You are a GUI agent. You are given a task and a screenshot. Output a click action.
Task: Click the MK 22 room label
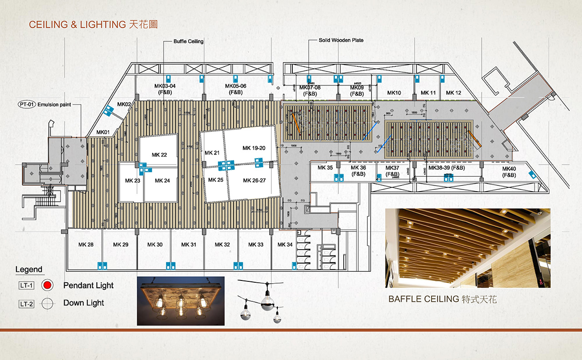[159, 155]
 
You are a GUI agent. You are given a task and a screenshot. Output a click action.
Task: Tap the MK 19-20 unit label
[254, 148]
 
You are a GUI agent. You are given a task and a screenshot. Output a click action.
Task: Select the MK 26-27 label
[254, 180]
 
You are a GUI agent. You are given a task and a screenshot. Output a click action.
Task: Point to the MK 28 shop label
[86, 245]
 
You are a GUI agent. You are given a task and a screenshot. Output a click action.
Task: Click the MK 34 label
[285, 245]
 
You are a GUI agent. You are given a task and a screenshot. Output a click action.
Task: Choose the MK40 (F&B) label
[509, 172]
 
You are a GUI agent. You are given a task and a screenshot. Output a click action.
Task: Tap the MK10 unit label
[394, 93]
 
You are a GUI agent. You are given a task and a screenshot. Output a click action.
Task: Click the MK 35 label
[325, 168]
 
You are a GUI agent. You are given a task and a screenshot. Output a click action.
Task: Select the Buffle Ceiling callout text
[188, 41]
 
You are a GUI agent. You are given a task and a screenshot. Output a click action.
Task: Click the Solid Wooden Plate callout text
[341, 40]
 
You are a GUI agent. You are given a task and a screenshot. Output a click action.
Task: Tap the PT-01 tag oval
[26, 104]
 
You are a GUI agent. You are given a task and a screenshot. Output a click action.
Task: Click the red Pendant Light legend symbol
[47, 285]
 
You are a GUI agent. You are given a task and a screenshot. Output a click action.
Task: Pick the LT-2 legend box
[26, 303]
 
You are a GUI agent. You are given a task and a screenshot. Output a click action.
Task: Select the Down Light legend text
[84, 303]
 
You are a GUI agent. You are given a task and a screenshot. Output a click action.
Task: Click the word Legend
[29, 270]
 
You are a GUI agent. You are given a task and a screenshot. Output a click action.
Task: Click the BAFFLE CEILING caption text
[423, 299]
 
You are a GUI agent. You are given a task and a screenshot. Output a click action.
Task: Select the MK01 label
[103, 132]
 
